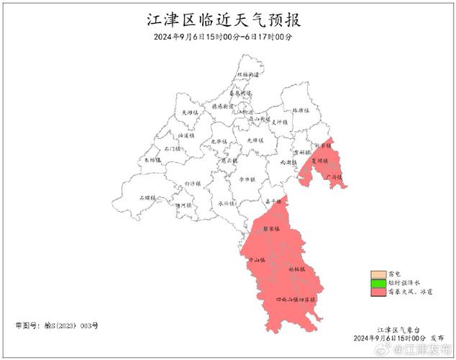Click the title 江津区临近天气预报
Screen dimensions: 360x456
point(228,19)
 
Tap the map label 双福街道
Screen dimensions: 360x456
point(249,75)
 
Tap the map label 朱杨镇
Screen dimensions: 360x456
point(152,161)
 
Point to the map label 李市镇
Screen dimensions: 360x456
point(247,179)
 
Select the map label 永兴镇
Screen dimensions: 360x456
point(227,203)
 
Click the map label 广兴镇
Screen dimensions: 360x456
point(333,176)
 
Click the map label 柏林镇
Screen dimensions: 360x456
point(297,269)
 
